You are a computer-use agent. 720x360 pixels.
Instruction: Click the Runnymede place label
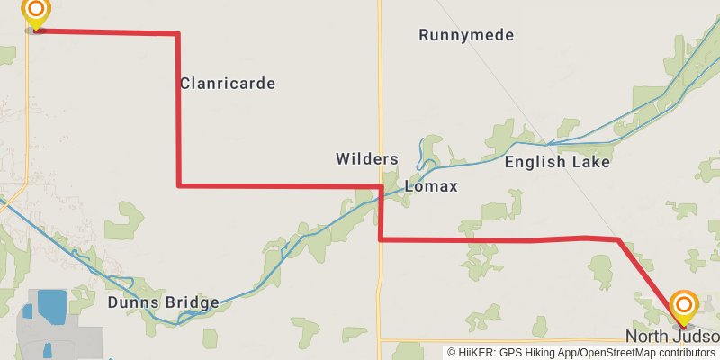[466, 36]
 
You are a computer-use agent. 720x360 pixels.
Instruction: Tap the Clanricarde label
[228, 84]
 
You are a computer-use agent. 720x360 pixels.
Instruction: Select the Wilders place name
[367, 159]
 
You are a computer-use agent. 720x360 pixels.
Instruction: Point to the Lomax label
[431, 187]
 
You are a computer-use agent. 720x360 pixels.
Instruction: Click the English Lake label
[557, 163]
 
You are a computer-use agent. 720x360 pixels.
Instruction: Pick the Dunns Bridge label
[163, 302]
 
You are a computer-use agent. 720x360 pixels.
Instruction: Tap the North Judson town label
[672, 337]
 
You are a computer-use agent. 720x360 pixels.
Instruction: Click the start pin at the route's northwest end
[36, 13]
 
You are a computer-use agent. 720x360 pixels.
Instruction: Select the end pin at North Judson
[683, 307]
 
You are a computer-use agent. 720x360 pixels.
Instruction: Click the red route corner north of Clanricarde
[177, 33]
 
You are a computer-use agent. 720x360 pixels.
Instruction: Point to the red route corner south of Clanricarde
[179, 185]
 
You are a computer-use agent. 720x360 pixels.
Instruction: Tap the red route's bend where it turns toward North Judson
[618, 239]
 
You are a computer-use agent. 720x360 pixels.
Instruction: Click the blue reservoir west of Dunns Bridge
[51, 306]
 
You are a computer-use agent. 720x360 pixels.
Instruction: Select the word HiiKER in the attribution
[477, 353]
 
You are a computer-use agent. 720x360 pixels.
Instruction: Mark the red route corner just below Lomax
[381, 239]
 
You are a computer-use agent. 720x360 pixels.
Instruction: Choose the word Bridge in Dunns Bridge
[190, 302]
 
